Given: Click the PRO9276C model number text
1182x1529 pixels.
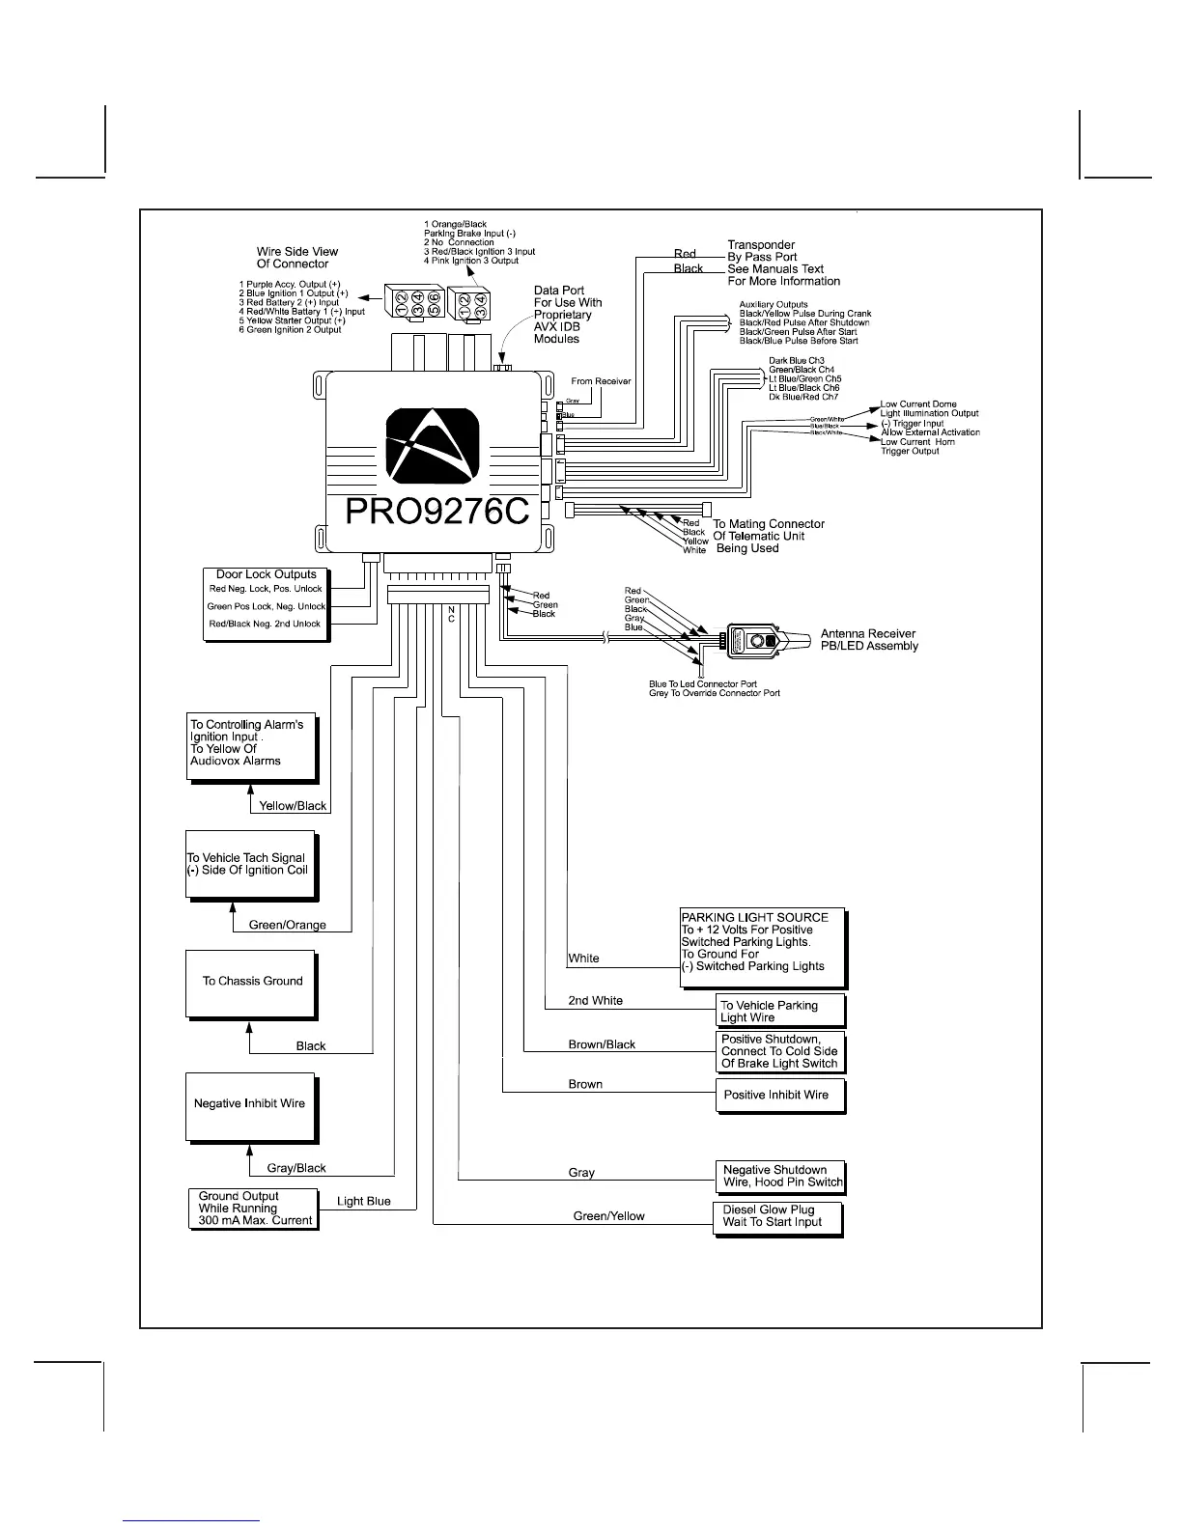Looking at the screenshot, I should [436, 512].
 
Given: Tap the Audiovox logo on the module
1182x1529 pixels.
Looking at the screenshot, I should [433, 446].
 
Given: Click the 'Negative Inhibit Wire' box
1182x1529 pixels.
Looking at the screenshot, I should [251, 1104].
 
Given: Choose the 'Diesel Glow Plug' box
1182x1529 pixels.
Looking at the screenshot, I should [776, 1216].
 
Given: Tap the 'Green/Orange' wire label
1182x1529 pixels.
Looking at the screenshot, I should [288, 925].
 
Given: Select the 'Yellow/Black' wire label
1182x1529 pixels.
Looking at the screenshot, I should [293, 806].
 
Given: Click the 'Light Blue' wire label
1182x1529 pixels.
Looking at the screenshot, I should [364, 1201].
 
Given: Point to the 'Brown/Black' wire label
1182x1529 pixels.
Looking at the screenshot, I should [602, 1044].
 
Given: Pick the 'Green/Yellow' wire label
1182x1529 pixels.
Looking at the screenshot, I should [608, 1216].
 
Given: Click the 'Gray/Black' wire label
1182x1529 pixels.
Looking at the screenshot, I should [296, 1168].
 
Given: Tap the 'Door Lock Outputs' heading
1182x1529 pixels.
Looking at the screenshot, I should [266, 574].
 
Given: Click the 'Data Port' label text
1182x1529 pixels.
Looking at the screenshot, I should [559, 291].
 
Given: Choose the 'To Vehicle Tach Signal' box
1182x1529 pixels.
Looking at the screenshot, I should [251, 865].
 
